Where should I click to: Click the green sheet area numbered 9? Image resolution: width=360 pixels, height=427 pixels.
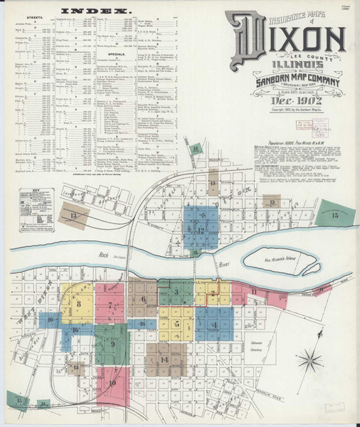pyautogui.click(x=112, y=344)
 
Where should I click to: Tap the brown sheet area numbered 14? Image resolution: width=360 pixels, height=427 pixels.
pyautogui.click(x=165, y=359)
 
